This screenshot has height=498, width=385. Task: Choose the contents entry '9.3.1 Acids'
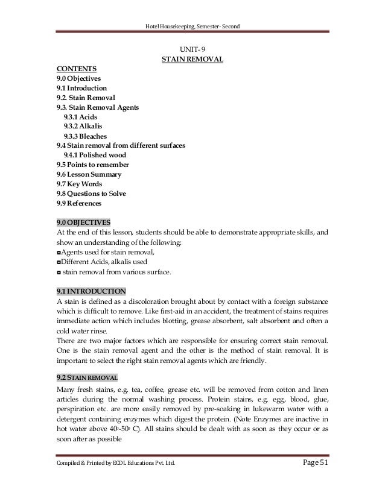80,116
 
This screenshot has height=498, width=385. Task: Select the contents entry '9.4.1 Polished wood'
95,155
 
